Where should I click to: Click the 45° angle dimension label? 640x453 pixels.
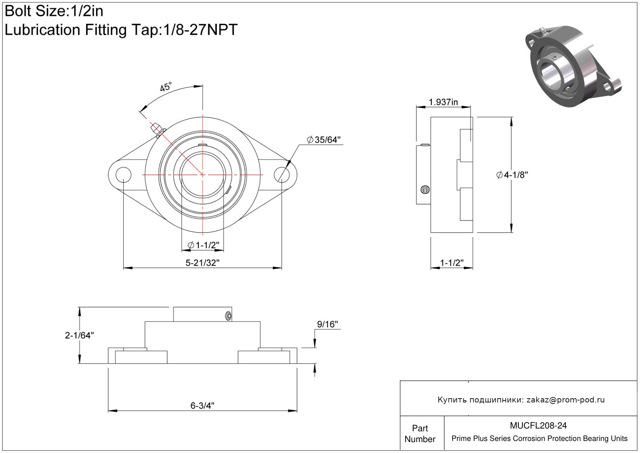pyautogui.click(x=166, y=87)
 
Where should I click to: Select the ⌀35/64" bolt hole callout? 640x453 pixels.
pyautogui.click(x=324, y=140)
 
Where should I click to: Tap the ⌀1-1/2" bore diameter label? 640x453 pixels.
pyautogui.click(x=203, y=245)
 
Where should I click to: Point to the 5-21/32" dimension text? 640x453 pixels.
pyautogui.click(x=202, y=263)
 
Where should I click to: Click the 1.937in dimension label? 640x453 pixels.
pyautogui.click(x=443, y=102)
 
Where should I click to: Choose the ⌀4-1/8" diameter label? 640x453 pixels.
pyautogui.click(x=512, y=175)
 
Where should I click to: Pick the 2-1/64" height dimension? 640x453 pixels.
pyautogui.click(x=79, y=335)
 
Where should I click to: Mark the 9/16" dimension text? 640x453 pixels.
pyautogui.click(x=328, y=324)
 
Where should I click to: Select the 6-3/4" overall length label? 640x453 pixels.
pyautogui.click(x=202, y=406)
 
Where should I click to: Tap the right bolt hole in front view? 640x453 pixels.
pyautogui.click(x=282, y=174)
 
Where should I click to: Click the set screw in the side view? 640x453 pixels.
pyautogui.click(x=426, y=190)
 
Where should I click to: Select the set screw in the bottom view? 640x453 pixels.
pyautogui.click(x=228, y=315)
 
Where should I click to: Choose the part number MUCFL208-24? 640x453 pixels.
pyautogui.click(x=538, y=426)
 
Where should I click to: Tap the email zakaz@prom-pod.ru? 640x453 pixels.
pyautogui.click(x=565, y=400)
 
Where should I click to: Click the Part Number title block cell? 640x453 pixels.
pyautogui.click(x=420, y=434)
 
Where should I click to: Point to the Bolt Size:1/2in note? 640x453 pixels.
pyautogui.click(x=54, y=11)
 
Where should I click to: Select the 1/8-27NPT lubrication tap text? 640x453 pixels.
pyautogui.click(x=199, y=30)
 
